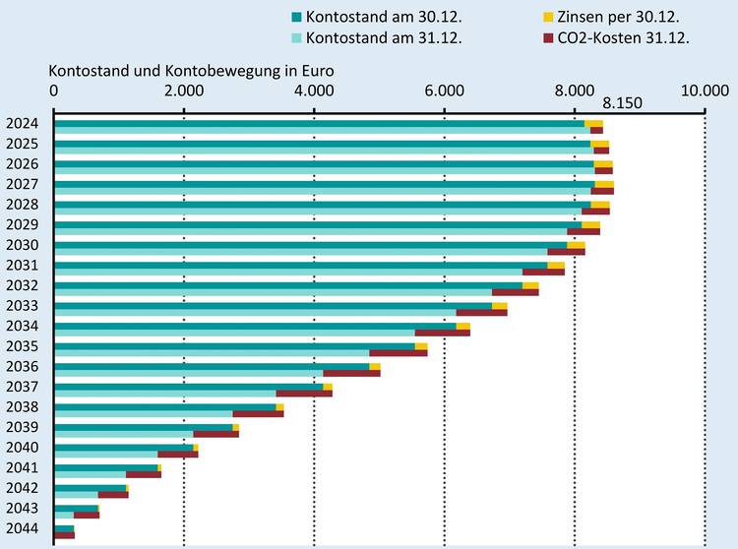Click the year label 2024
tap(22, 124)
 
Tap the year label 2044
tap(22, 529)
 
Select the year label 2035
tap(22, 346)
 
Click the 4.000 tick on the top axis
tap(313, 91)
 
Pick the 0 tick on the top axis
tap(54, 91)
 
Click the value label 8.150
tap(623, 103)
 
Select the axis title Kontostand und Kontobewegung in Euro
tap(192, 71)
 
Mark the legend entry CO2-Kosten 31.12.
tap(615, 38)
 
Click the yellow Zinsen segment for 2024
tap(593, 123)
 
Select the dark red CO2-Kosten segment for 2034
tap(442, 333)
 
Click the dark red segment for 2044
tap(64, 535)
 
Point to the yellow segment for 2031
tap(556, 265)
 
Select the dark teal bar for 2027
tap(324, 184)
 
